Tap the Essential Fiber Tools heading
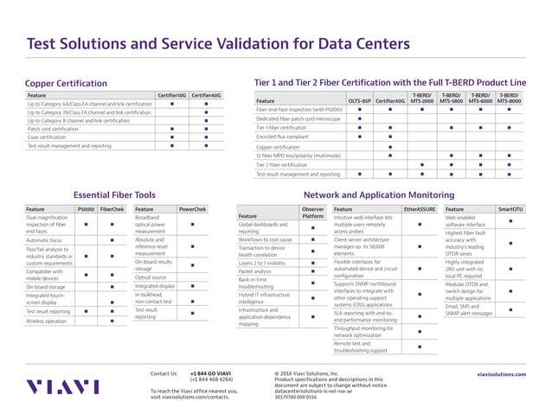tap(114, 195)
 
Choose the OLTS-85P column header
tap(360, 100)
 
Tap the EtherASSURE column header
tap(420, 208)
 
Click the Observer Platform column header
tap(312, 212)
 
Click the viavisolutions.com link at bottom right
tap(501, 374)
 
